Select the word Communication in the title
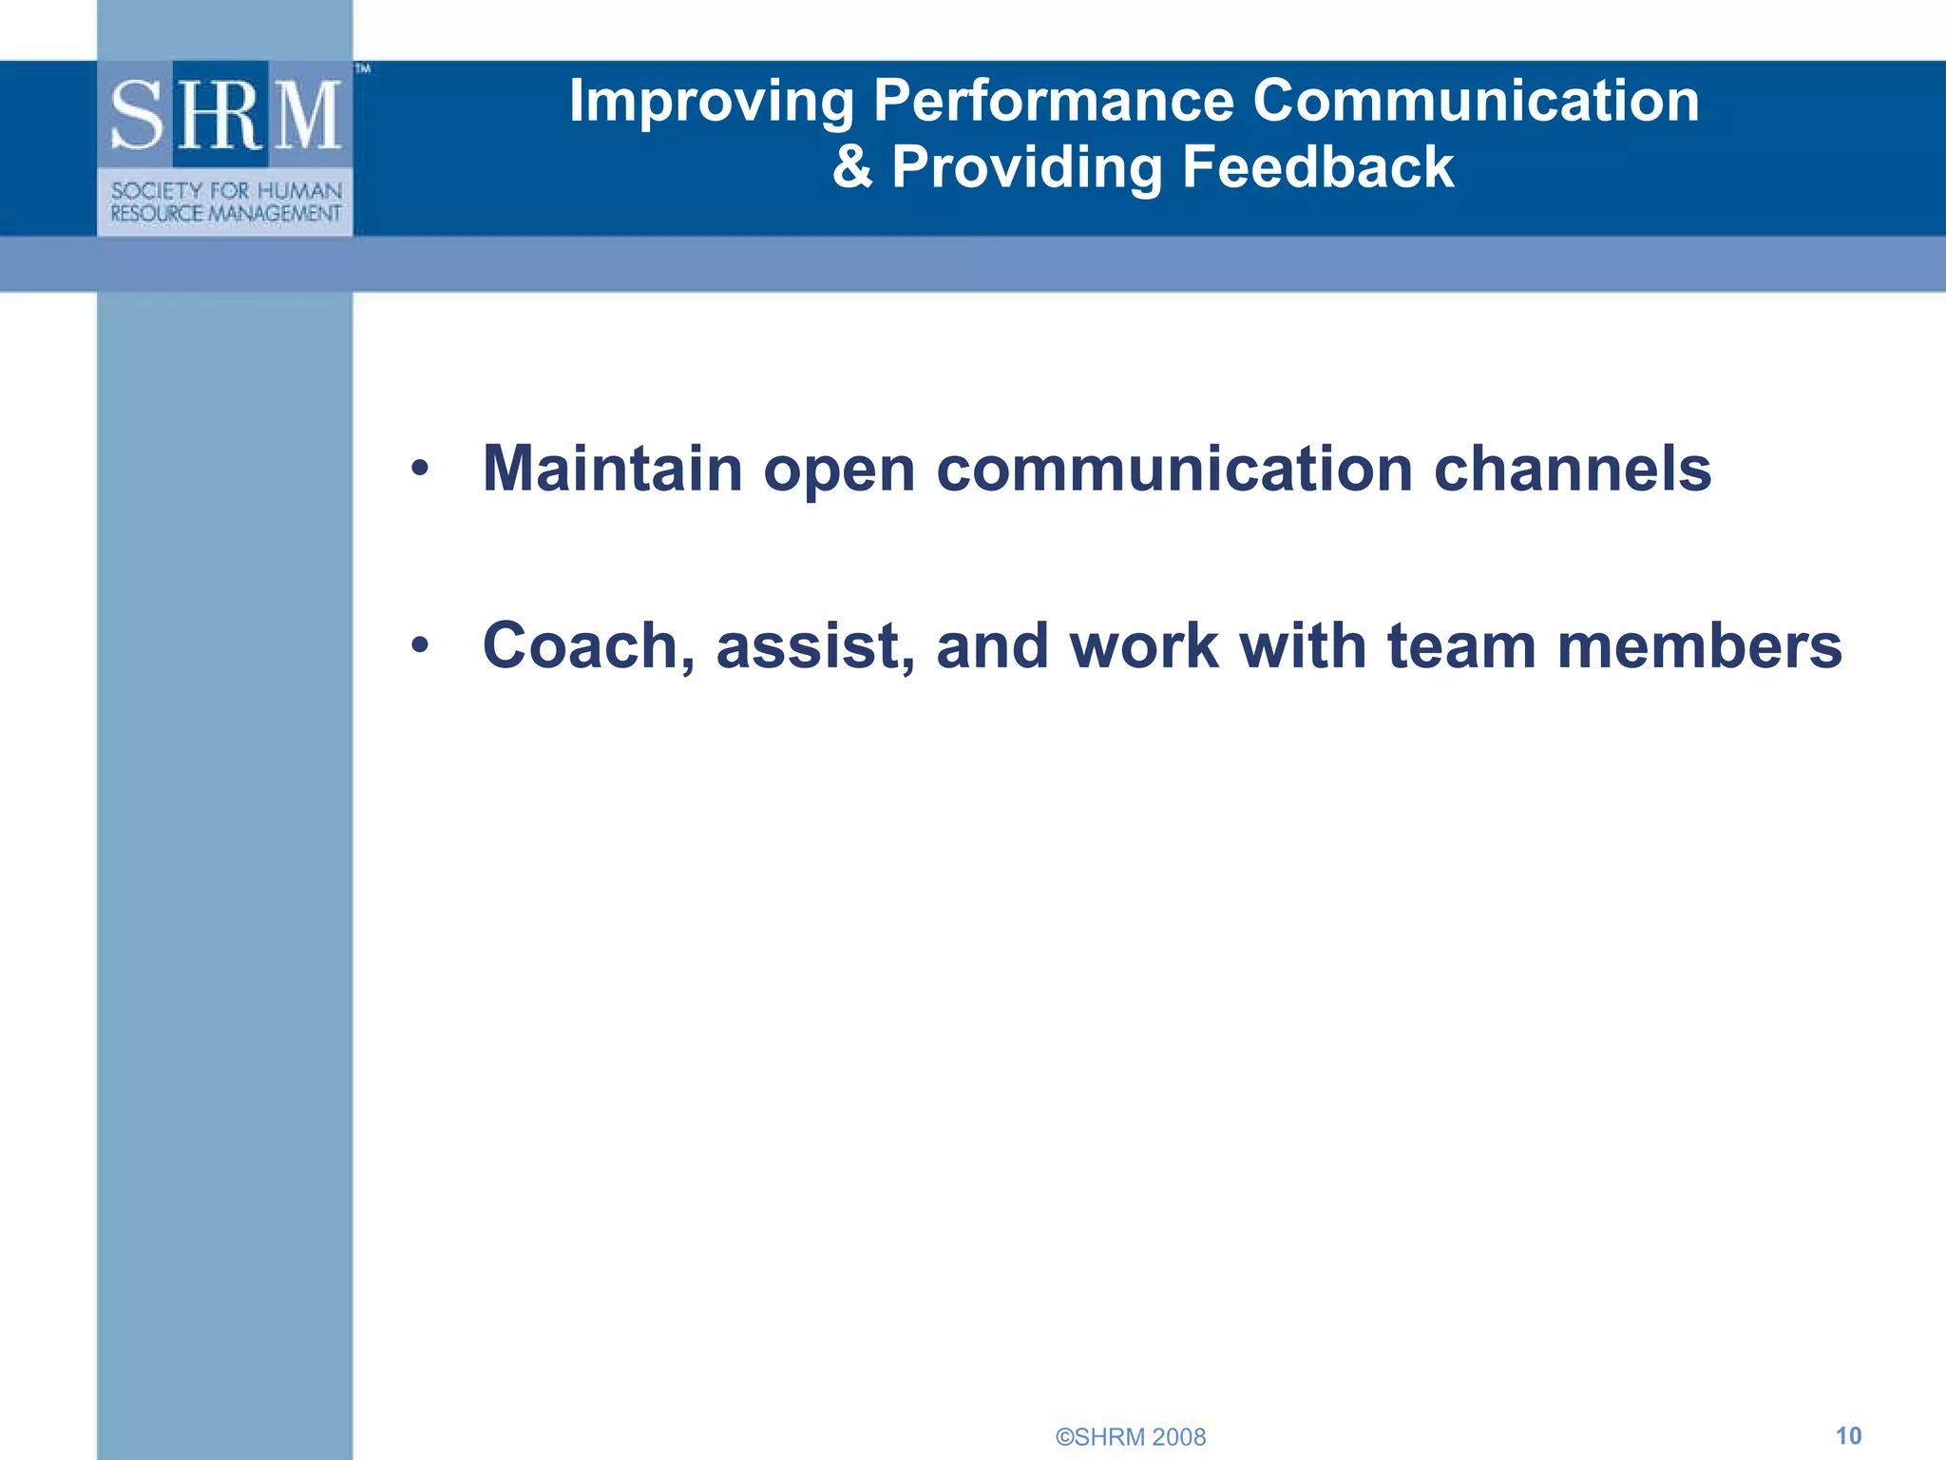coord(1476,101)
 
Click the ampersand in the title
coord(852,167)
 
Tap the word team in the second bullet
coord(1460,646)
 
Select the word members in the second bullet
coord(1699,646)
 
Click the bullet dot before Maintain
coord(420,469)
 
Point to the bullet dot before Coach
coord(420,646)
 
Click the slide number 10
coord(1848,1435)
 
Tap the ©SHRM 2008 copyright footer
coord(1131,1437)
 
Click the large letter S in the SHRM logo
coord(139,116)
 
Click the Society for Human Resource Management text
coord(225,202)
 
